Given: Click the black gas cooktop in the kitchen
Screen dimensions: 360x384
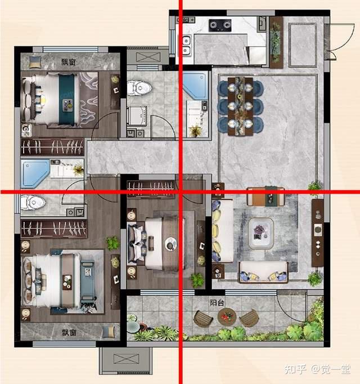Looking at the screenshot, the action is [220, 25].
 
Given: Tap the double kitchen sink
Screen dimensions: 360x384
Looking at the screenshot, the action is [187, 46].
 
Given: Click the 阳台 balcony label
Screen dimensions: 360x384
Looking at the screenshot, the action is [217, 303].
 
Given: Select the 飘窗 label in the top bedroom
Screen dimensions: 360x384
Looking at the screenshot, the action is [68, 62].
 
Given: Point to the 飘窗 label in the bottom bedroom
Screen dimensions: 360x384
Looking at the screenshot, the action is [69, 333].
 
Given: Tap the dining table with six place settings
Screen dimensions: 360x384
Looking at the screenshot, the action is [240, 106].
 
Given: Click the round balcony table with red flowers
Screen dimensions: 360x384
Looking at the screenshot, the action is [227, 316].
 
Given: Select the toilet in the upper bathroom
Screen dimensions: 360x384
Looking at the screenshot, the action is [139, 88].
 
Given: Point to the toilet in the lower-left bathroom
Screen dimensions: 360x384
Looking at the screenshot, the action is [33, 202].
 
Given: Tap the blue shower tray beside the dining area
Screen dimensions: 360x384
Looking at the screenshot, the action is [195, 85].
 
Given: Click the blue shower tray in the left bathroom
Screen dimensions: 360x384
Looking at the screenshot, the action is [35, 174].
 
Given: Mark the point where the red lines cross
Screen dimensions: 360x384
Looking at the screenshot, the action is [181, 192].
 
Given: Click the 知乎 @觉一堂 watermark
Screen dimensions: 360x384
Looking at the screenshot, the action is [317, 369].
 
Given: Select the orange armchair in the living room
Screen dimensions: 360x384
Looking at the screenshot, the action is [265, 197].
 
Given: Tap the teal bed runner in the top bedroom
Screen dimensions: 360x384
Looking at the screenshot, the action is [66, 99].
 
